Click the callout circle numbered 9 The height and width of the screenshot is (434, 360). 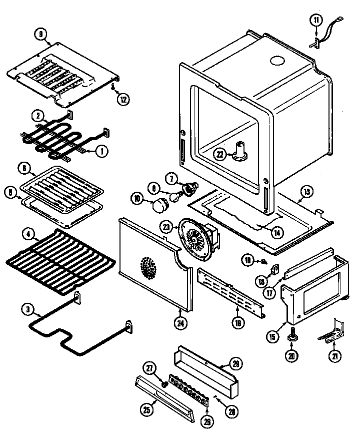[40, 35]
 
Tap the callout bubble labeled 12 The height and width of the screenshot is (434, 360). [123, 99]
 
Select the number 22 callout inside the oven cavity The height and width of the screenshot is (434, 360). [219, 154]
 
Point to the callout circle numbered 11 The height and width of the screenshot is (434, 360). [316, 21]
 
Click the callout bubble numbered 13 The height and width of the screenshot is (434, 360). [307, 191]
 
